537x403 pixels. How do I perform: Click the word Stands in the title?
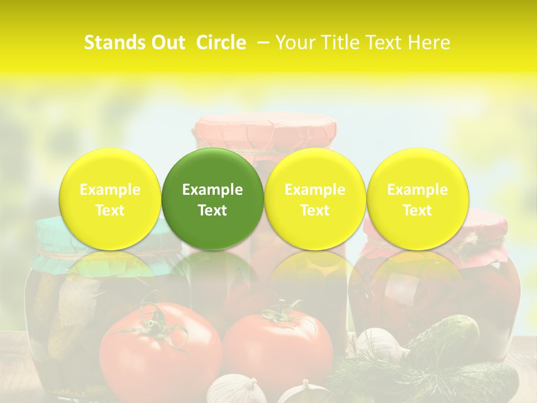point(115,43)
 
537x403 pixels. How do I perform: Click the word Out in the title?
point(168,43)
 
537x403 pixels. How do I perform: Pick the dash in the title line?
point(261,43)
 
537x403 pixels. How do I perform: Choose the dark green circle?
point(213,199)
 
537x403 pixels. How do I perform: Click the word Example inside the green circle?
point(213,190)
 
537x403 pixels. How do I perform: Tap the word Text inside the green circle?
point(213,210)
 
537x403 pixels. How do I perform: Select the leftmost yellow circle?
point(110,199)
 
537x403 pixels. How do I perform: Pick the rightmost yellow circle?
point(418,199)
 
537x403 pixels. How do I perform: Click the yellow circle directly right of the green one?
point(315,199)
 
